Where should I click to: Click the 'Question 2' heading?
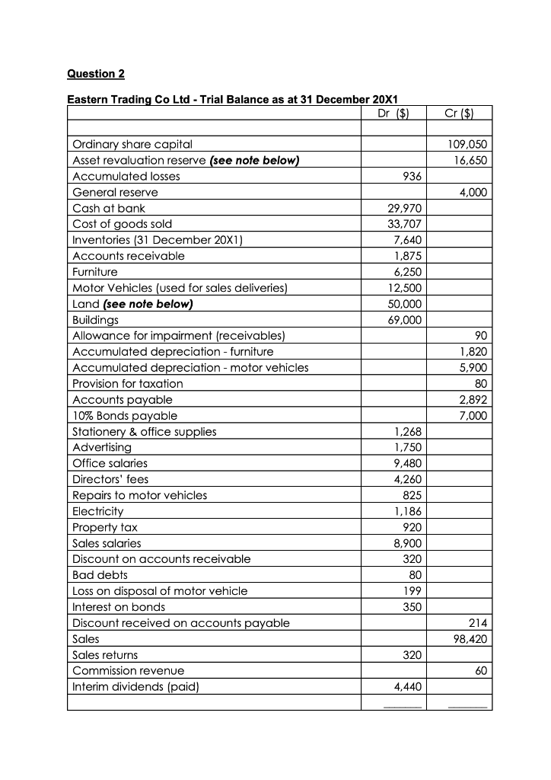[x=96, y=74]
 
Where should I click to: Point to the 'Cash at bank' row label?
[x=109, y=208]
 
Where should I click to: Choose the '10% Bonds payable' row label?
[x=125, y=416]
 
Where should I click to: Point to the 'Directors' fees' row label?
[x=110, y=479]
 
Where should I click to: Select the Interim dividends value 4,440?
[x=407, y=687]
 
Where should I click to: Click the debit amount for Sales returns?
[x=412, y=655]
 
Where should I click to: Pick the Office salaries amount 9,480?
[x=407, y=463]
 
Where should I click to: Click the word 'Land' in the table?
[x=84, y=304]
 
